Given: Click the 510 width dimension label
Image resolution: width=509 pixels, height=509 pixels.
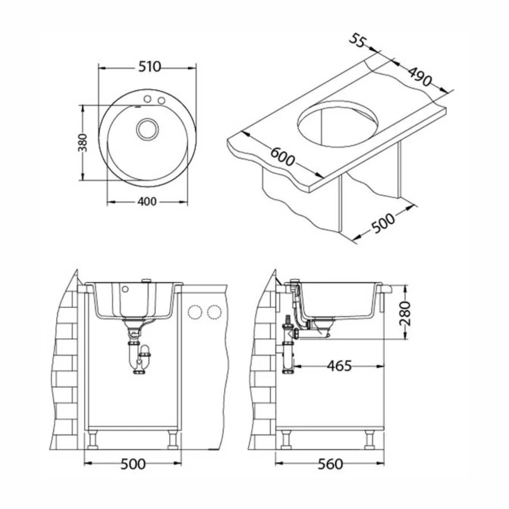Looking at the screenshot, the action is [x=149, y=67].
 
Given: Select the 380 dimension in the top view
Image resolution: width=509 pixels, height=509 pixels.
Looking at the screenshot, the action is [x=83, y=143].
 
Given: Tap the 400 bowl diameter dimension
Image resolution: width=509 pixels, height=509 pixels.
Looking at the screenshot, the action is [x=147, y=202].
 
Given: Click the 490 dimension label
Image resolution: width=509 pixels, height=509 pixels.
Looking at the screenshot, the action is [x=420, y=77].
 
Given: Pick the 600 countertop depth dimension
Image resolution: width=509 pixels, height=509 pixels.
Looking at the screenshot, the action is [x=282, y=157].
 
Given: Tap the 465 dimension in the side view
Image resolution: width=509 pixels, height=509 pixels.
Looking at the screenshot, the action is [x=339, y=366].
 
